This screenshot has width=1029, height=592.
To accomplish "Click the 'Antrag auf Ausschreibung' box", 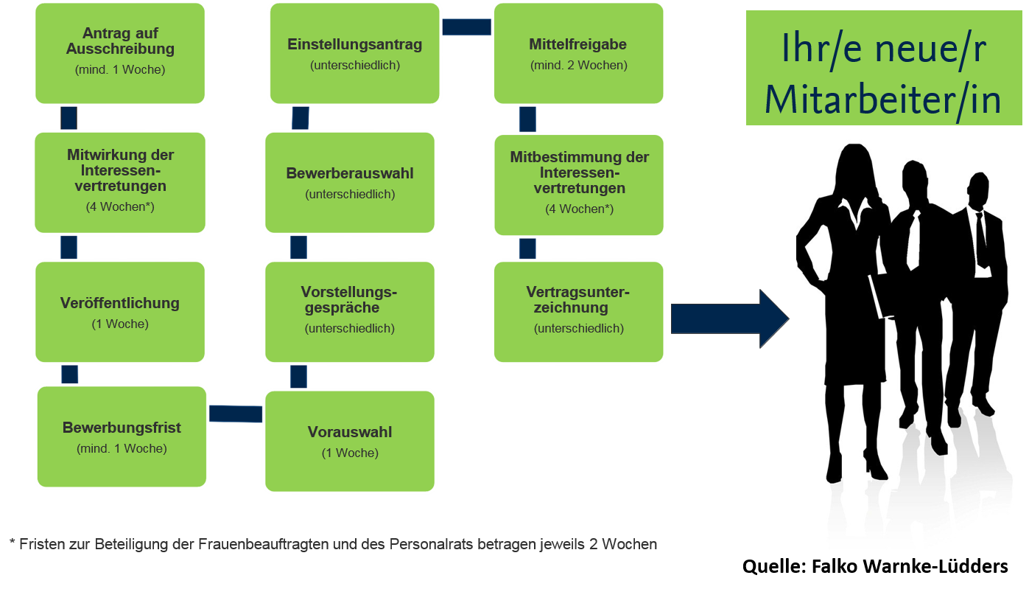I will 120,53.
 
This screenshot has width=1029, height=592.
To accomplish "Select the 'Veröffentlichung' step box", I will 120,311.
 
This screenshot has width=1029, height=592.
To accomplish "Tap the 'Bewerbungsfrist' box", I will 122,436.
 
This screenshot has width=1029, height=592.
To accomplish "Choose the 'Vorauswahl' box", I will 350,441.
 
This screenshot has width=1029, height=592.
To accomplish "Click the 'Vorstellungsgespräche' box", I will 350,311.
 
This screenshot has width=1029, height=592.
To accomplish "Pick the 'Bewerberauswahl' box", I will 350,182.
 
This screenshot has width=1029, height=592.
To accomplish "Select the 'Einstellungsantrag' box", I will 355,53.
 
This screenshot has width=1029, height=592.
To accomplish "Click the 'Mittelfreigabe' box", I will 578,53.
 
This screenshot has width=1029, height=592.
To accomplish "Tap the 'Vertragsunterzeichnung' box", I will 578,311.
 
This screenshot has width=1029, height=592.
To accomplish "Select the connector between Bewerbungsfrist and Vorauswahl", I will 236,414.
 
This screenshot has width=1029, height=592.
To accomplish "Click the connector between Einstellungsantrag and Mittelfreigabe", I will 467,27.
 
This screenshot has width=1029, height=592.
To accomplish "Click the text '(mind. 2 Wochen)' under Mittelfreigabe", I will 578,66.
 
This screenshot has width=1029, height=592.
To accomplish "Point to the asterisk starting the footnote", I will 12,543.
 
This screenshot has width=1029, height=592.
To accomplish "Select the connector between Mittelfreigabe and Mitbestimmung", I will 527,119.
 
